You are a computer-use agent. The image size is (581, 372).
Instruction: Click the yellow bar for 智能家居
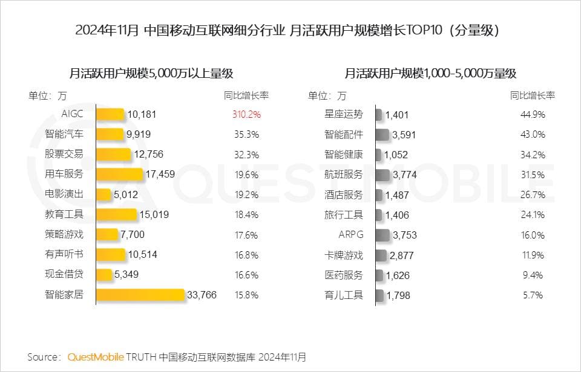(x=140, y=295)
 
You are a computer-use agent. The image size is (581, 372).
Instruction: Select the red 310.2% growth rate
(x=246, y=114)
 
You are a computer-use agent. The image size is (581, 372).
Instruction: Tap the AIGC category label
(x=72, y=114)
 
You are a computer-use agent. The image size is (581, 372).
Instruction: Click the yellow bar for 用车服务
(x=120, y=175)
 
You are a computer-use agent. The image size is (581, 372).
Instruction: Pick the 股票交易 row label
(x=64, y=154)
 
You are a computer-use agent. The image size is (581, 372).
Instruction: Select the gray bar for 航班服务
(x=382, y=175)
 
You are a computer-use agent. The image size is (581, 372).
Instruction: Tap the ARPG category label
(x=351, y=234)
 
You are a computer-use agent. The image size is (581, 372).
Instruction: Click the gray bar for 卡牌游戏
(x=381, y=255)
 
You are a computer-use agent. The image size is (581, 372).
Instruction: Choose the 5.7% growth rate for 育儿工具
(x=533, y=295)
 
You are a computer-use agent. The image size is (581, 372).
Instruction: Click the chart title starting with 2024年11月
(x=290, y=31)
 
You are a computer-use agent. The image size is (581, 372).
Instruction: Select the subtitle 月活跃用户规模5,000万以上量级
(x=151, y=74)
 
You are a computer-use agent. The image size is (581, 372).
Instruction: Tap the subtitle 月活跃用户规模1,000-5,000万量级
(x=430, y=74)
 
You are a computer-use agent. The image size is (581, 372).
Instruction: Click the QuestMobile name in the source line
(x=96, y=356)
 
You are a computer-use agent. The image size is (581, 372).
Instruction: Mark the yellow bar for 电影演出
(x=104, y=194)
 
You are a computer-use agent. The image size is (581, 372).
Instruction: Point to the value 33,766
(x=202, y=295)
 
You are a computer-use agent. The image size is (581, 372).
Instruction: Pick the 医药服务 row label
(x=344, y=275)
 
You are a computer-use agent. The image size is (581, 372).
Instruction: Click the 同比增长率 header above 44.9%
(x=533, y=95)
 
